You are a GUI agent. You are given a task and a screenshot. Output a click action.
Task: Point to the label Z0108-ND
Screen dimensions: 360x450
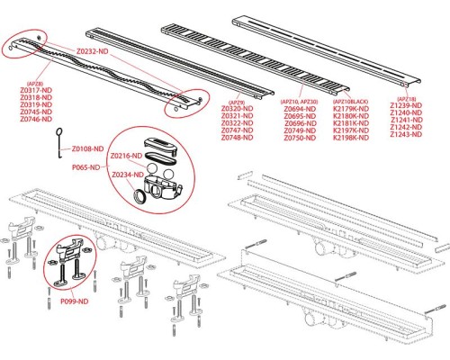click(x=89, y=147)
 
